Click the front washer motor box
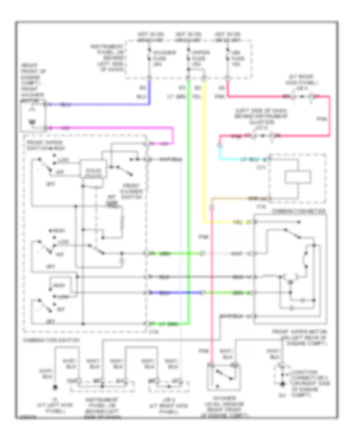34,116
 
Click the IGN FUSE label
235,56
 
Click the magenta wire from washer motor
120,128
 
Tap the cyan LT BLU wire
240,159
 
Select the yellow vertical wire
204,160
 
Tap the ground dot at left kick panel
56,387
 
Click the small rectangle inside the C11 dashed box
298,177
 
